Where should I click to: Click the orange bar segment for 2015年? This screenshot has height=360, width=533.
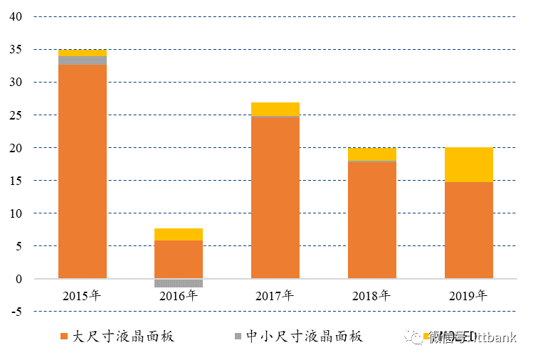point(83,171)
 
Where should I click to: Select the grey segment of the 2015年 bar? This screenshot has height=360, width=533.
point(83,60)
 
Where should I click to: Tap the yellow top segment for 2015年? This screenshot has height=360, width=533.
point(83,53)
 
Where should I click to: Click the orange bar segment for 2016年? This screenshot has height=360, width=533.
point(179,259)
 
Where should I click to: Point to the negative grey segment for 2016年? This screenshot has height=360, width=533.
point(179,282)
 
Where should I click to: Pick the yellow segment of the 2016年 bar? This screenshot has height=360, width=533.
point(179,234)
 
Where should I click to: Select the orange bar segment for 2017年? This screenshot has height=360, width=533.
point(275,197)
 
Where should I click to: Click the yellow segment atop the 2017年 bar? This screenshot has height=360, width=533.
point(275,109)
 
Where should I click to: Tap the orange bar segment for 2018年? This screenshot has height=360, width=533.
point(372,220)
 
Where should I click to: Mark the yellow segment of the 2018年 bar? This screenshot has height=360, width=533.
point(372,154)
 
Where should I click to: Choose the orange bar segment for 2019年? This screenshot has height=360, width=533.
point(469,230)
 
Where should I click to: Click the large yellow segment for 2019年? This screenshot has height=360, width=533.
point(469,164)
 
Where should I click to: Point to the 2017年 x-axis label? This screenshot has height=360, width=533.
point(275,295)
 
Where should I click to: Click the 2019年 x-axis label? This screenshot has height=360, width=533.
point(469,295)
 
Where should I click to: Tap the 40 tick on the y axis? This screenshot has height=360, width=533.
point(15,16)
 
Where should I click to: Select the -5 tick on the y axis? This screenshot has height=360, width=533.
point(15,312)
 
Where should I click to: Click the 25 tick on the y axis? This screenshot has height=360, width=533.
point(15,115)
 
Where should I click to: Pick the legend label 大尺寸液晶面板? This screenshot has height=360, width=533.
point(124,337)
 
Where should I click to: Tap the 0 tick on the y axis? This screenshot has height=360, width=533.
point(19,279)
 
